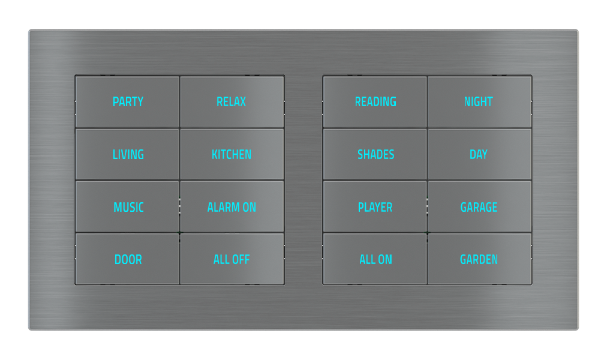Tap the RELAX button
232,102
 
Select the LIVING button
128,155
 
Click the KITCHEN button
232,155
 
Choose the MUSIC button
128,208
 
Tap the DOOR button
128,260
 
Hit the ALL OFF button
232,260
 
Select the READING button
375,102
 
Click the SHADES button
375,155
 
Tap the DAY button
479,155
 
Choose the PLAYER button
375,208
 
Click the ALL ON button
375,260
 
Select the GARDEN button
479,260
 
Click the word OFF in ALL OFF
240,260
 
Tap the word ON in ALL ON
384,260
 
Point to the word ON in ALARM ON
249,208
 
